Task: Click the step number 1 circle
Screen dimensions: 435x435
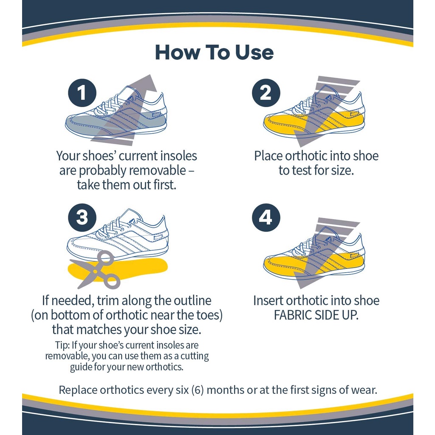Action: [x=82, y=93]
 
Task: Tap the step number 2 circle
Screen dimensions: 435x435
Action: [x=266, y=93]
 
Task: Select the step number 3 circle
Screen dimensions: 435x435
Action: [x=82, y=217]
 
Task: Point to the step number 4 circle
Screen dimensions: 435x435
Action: [x=266, y=217]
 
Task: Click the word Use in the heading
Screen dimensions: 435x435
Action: [x=254, y=52]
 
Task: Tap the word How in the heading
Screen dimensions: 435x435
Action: [x=177, y=52]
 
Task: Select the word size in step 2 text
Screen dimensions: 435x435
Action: [x=342, y=170]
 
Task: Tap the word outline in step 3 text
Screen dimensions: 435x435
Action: [x=192, y=301]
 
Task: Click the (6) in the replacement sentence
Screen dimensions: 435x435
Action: [x=198, y=390]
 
